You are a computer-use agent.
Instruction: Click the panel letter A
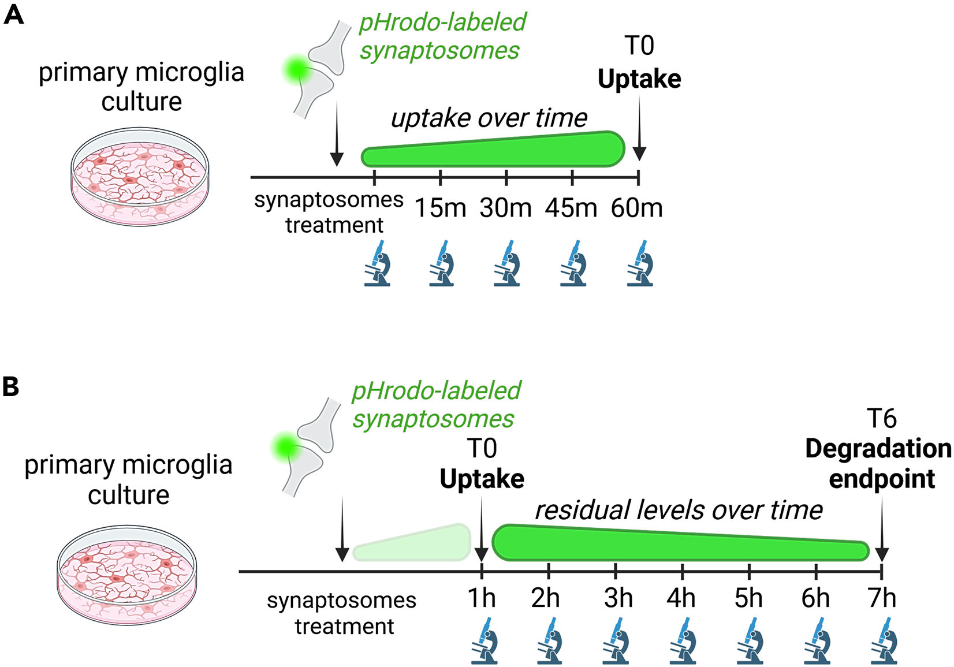pyautogui.click(x=13, y=14)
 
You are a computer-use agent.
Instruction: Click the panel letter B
pyautogui.click(x=11, y=386)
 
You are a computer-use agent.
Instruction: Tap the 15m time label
pyautogui.click(x=440, y=208)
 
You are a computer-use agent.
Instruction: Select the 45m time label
pyautogui.click(x=571, y=208)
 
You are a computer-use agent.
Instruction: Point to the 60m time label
pyautogui.click(x=636, y=208)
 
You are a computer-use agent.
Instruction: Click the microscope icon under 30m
pyautogui.click(x=507, y=264)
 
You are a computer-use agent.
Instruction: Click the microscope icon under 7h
pyautogui.click(x=884, y=640)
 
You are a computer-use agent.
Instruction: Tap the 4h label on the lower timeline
pyautogui.click(x=681, y=598)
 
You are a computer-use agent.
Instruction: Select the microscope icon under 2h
pyautogui.click(x=549, y=640)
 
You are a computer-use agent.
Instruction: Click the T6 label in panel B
pyautogui.click(x=881, y=419)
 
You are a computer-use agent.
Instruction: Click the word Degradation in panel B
pyautogui.click(x=878, y=449)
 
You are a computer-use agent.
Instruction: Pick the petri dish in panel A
pyautogui.click(x=140, y=177)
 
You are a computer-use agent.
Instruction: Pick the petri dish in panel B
pyautogui.click(x=127, y=575)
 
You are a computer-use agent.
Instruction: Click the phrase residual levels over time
pyautogui.click(x=679, y=510)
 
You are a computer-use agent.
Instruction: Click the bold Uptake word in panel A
pyautogui.click(x=639, y=79)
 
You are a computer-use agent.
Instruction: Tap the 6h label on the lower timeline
pyautogui.click(x=815, y=598)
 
